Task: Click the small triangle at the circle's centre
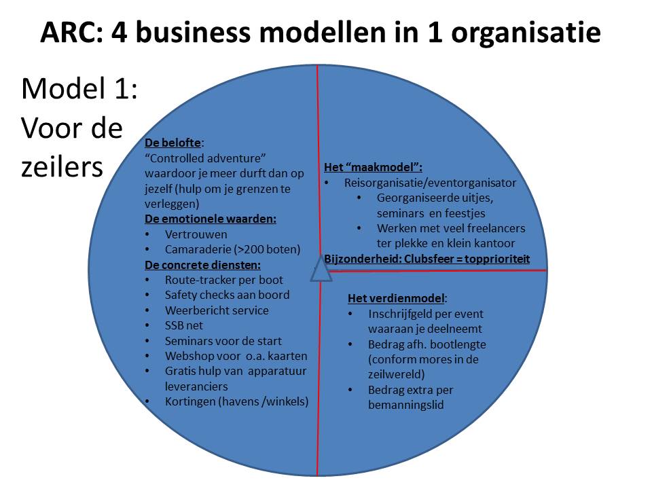321,270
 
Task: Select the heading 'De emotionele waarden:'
211,219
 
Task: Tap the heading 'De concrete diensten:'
202,264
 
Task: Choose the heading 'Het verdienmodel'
397,298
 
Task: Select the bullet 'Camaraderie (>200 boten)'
232,249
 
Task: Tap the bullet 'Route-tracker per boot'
223,279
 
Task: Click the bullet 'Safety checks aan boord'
227,295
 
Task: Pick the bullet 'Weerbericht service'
217,310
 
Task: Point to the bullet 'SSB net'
184,325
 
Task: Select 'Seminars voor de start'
223,341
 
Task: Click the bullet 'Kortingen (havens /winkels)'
236,401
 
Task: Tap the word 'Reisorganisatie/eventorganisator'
430,183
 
